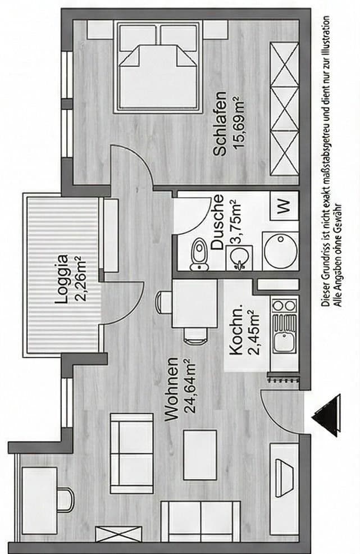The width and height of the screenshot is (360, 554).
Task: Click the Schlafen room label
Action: [x=220, y=124]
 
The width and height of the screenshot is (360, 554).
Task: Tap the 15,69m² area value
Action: [x=238, y=124]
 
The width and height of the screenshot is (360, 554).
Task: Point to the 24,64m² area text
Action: [x=190, y=389]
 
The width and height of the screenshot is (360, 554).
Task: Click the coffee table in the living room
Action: [x=199, y=454]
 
